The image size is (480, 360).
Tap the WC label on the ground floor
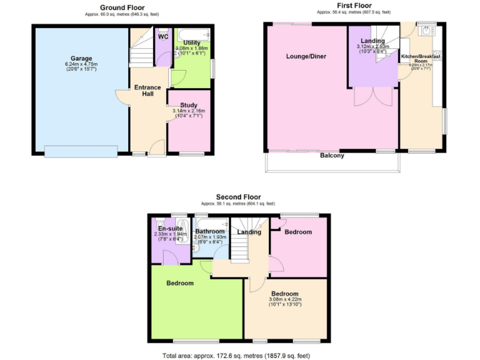pyautogui.click(x=163, y=37)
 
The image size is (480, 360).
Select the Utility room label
pyautogui.click(x=192, y=42)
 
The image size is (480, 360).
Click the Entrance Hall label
pyautogui.click(x=147, y=91)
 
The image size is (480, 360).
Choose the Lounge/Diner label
pyautogui.click(x=306, y=57)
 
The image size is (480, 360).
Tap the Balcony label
pyautogui.click(x=332, y=156)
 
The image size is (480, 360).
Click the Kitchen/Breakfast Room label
pyautogui.click(x=421, y=59)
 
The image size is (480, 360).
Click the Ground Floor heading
pyautogui.click(x=119, y=7)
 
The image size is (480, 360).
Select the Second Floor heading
pyautogui.click(x=238, y=197)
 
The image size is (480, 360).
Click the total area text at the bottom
pyautogui.click(x=236, y=355)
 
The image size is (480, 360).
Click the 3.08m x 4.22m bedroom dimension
pyautogui.click(x=284, y=300)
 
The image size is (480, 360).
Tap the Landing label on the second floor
pyautogui.click(x=249, y=232)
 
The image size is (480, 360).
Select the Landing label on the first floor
pyautogui.click(x=372, y=41)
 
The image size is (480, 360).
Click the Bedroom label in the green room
pyautogui.click(x=179, y=283)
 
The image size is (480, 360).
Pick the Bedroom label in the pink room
pyautogui.click(x=297, y=232)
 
